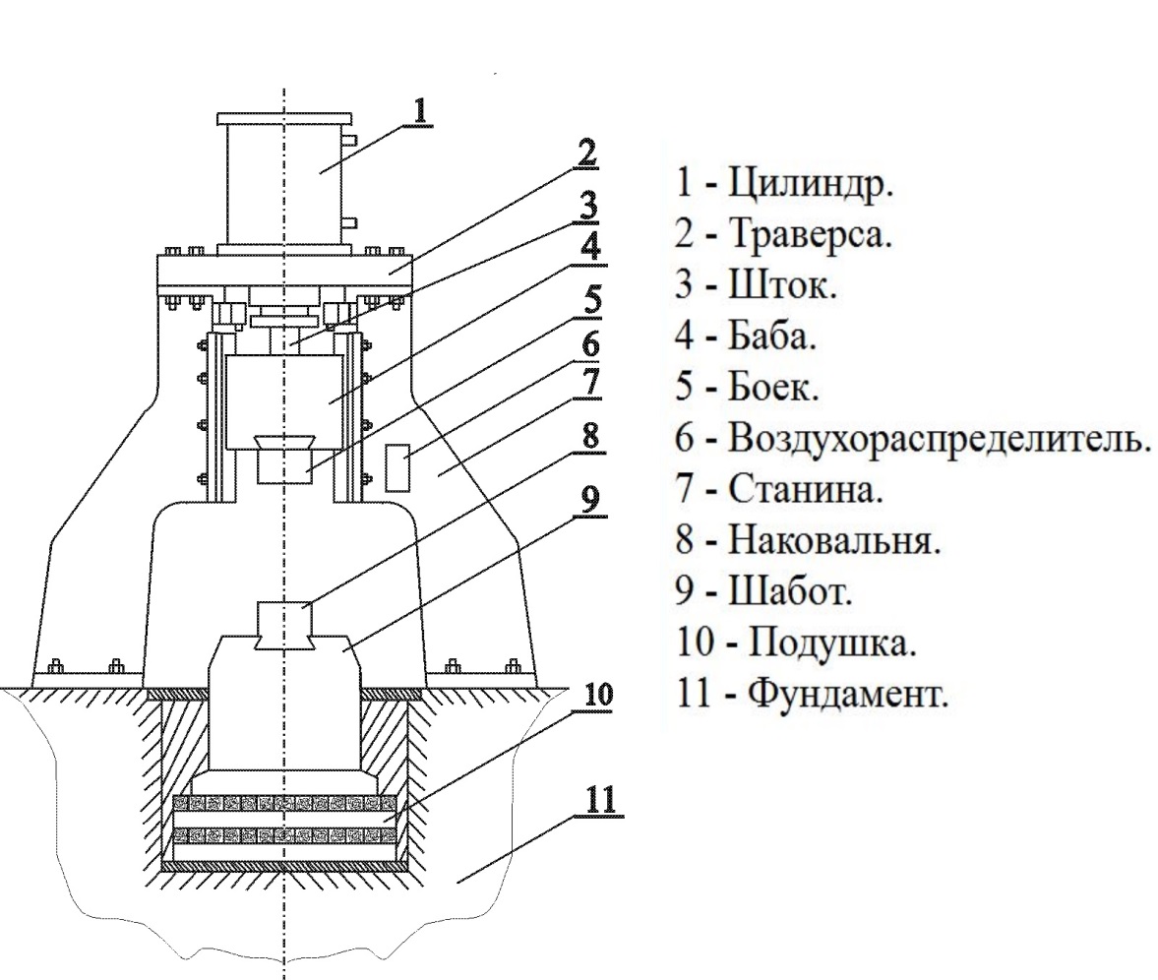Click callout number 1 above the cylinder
[x=420, y=110]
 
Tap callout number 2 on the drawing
[x=587, y=154]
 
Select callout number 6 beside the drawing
[x=589, y=344]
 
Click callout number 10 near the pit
[x=597, y=694]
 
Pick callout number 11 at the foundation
[x=599, y=799]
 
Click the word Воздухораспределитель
[x=939, y=439]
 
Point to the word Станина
[x=806, y=489]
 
